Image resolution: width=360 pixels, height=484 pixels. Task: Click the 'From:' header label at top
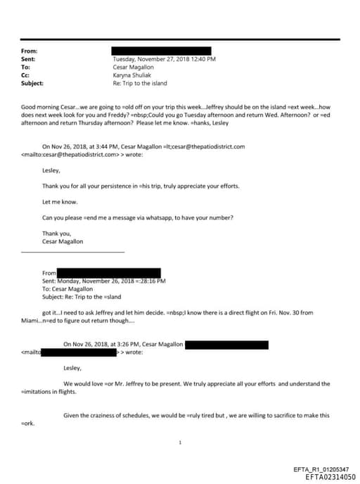click(x=30, y=51)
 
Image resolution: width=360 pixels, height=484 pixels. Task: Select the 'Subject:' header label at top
click(x=32, y=83)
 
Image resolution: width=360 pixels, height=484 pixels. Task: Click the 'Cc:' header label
click(x=26, y=75)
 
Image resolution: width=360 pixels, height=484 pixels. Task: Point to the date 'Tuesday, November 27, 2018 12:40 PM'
click(x=164, y=60)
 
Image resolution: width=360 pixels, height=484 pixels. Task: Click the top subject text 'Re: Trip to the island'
click(x=141, y=83)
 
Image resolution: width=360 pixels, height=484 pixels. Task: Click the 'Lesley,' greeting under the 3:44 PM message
click(x=51, y=170)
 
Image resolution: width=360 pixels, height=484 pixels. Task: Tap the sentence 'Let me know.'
click(x=59, y=201)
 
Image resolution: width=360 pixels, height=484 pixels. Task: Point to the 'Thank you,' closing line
click(x=56, y=233)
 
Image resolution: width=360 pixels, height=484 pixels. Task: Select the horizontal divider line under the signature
click(x=73, y=252)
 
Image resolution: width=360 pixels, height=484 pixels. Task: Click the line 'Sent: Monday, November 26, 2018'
click(x=103, y=281)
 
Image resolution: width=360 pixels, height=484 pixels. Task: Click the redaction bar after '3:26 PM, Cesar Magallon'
click(x=226, y=344)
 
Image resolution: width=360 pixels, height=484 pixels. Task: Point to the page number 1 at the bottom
click(x=181, y=442)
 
